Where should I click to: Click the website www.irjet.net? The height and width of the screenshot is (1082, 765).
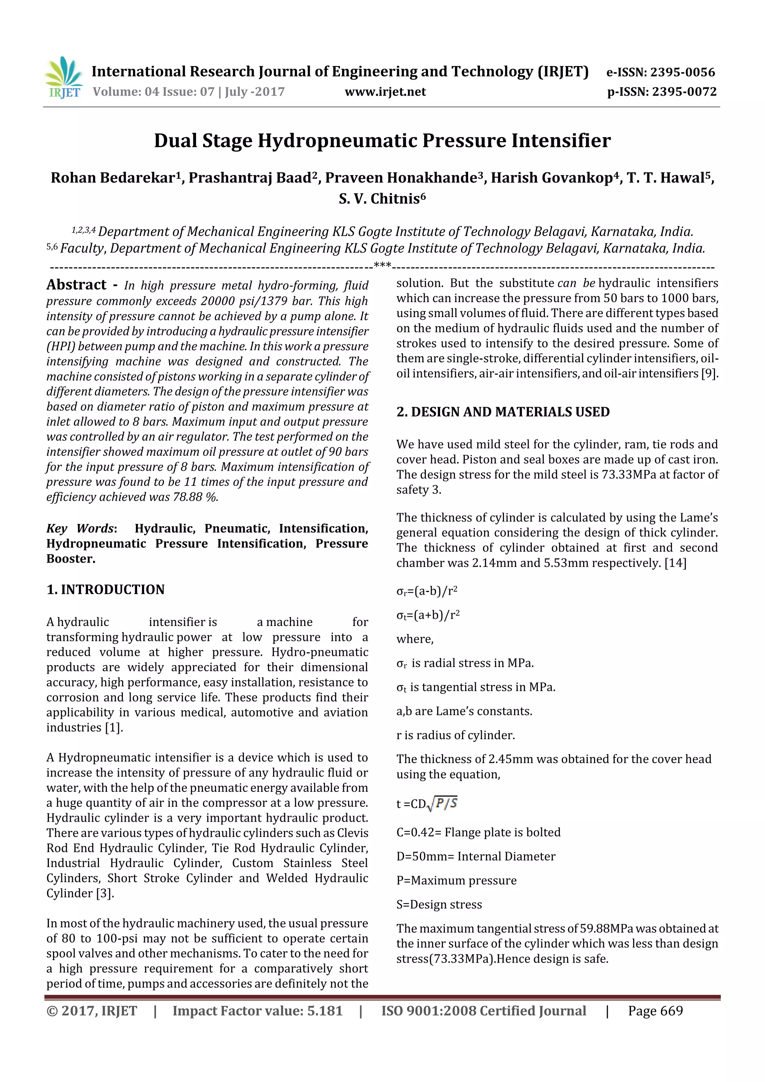click(x=385, y=92)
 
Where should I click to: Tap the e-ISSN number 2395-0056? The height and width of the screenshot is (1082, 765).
click(x=682, y=72)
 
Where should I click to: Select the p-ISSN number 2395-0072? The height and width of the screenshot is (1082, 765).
click(x=684, y=92)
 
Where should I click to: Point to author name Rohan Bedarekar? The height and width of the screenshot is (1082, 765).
click(x=113, y=178)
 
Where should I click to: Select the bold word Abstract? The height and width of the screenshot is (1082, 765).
click(x=76, y=285)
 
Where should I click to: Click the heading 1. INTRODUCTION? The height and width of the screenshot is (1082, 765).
click(x=106, y=589)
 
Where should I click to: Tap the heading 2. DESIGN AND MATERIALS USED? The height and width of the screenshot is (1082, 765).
click(x=503, y=412)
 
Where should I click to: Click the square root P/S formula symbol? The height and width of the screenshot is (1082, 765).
click(x=442, y=803)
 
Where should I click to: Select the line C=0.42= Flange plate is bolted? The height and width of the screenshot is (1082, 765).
click(x=478, y=832)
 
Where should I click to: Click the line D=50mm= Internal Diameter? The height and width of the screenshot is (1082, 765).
click(x=476, y=856)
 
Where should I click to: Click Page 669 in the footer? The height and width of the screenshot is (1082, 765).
click(x=655, y=1011)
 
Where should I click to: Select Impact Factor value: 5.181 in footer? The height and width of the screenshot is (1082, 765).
click(x=257, y=1011)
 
